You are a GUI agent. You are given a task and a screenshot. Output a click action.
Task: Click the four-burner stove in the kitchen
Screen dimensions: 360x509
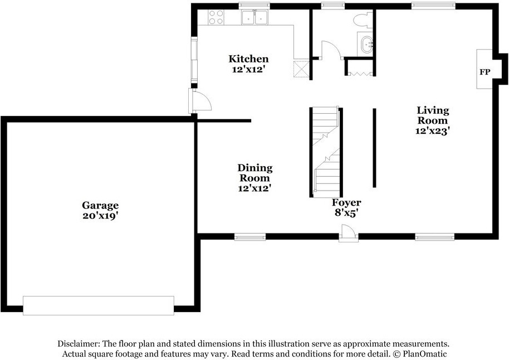[x=216, y=17]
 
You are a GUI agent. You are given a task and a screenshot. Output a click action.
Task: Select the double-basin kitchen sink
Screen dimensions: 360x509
[x=254, y=18]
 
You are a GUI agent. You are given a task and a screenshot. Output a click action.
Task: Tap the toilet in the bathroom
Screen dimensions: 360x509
[x=360, y=20]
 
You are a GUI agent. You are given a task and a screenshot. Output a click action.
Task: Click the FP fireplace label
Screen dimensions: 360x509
[x=484, y=72]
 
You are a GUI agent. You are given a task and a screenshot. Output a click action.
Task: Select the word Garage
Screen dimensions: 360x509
[x=100, y=205]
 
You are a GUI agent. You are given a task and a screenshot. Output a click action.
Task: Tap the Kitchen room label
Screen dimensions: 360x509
[x=249, y=59]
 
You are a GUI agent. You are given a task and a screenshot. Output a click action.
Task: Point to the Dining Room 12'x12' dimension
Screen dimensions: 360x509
[x=255, y=188]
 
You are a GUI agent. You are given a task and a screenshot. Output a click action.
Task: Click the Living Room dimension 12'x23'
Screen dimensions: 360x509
[x=433, y=131]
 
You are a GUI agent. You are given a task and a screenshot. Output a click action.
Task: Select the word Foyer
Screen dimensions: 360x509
[x=346, y=202]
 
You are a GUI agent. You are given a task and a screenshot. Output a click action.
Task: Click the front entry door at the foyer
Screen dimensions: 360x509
[x=348, y=232]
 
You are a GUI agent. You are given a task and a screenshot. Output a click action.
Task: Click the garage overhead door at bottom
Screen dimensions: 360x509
[x=98, y=305]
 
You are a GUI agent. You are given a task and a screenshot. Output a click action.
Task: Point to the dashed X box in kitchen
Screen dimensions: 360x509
[x=302, y=69]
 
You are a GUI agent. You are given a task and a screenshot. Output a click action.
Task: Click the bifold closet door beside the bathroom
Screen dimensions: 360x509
[x=360, y=72]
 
